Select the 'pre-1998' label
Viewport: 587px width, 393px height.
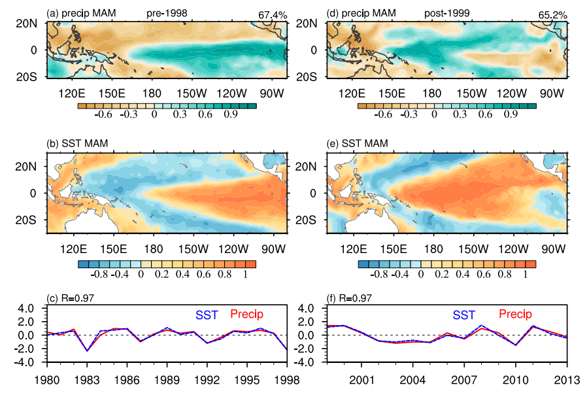(163, 12)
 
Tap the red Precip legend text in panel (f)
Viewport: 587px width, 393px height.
(515, 315)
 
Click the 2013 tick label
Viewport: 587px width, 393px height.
(567, 379)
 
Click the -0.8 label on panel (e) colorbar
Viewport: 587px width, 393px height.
(373, 274)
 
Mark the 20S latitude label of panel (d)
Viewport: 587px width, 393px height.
(314, 76)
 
